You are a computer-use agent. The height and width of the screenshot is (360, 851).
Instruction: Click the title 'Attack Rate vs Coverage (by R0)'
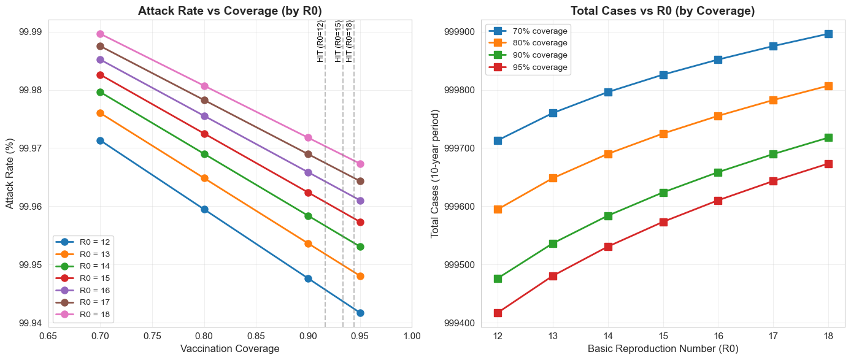coord(229,10)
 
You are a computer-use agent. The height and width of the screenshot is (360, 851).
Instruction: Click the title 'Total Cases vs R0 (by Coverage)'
coord(662,10)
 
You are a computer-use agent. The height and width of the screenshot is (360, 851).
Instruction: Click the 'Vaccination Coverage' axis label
coord(229,349)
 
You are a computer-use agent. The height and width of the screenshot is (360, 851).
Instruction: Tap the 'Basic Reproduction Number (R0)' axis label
coord(663,349)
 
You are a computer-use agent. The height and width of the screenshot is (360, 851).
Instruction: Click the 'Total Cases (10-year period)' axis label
coord(435,174)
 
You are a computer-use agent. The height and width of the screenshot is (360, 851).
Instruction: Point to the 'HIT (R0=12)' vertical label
coord(320,42)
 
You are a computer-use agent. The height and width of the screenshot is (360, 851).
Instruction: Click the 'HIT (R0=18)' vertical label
coord(349,42)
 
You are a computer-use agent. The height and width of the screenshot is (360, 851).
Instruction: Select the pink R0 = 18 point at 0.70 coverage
coord(100,34)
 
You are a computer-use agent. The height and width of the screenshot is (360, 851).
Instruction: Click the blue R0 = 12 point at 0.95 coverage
coord(360,313)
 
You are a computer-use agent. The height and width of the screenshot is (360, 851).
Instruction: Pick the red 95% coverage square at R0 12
coord(498,313)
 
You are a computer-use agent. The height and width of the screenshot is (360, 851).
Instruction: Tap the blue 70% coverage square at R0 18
coord(828,34)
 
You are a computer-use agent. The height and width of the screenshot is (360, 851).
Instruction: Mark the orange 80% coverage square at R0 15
coord(663,134)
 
